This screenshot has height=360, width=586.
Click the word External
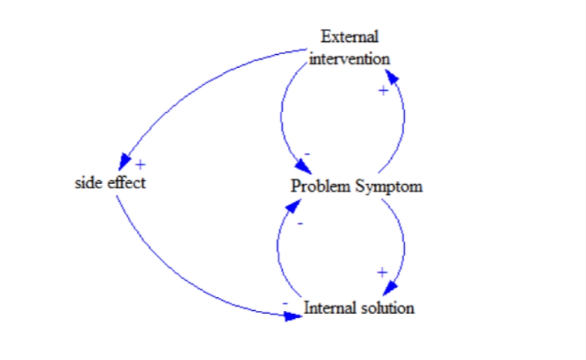[349, 36]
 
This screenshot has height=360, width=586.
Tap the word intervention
[349, 58]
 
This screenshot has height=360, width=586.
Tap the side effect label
[110, 183]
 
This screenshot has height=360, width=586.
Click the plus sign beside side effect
[140, 164]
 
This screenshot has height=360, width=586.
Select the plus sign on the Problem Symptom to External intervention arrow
[383, 90]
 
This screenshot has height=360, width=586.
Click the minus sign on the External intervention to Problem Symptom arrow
[307, 154]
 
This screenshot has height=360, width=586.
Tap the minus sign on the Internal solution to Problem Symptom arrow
[300, 223]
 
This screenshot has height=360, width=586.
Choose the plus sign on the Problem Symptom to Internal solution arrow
[382, 272]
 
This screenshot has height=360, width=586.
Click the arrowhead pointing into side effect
[125, 161]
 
